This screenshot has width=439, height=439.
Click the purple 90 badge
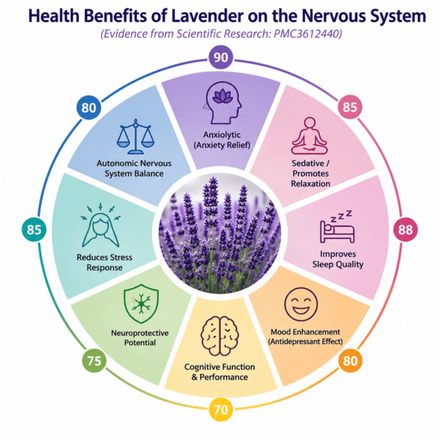221,57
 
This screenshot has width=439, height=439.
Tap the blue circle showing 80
89,108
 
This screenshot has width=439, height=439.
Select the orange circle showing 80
350,361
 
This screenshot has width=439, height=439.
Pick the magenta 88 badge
405,230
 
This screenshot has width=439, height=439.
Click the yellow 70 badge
221,410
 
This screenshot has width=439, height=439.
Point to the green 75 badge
94,361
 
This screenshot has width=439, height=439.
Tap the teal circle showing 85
34,230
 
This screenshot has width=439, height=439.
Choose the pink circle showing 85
350,107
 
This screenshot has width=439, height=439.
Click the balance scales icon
135,137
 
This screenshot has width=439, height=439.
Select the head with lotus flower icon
222,102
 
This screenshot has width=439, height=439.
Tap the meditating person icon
309,136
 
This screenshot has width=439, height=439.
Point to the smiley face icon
301,304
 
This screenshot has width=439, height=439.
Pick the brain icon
219,336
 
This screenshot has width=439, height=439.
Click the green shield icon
141,304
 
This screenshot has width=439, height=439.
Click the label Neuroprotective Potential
140,337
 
